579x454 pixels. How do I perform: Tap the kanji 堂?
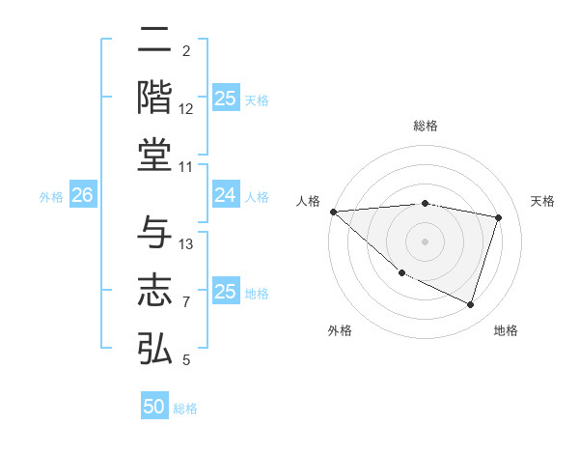154,155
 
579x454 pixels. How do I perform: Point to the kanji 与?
154,233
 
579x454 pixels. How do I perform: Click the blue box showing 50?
154,407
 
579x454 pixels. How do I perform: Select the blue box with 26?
82,196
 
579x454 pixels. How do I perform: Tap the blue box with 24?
225,196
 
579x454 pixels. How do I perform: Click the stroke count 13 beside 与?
187,244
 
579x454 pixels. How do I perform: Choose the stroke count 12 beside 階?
186,109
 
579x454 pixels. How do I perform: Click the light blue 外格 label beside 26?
51,197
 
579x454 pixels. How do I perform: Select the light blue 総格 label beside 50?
185,409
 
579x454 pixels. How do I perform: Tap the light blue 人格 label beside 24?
257,197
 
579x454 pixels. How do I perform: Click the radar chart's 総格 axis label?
425,126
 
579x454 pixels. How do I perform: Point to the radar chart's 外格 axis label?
340,330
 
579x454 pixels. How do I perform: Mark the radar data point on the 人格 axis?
333,212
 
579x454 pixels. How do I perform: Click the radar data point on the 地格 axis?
470,305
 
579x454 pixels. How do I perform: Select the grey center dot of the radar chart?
425,241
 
